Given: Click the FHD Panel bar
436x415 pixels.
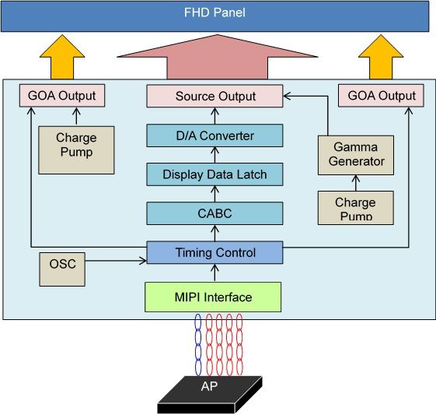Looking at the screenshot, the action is (215, 16).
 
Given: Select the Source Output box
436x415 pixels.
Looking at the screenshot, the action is (215, 96).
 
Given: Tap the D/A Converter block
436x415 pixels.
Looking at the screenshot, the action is (215, 135).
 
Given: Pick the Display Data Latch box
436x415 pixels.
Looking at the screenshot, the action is (215, 174).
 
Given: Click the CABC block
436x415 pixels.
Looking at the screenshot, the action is (215, 213).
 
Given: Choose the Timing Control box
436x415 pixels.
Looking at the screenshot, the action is (215, 252).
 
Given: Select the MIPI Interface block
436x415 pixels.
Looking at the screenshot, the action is (213, 297).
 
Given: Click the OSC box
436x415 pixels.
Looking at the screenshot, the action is (62, 269).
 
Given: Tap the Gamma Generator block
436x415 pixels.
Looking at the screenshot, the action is (356, 156).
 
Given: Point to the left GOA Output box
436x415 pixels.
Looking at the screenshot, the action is (62, 96).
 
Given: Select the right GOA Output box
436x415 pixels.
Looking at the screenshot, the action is (381, 96).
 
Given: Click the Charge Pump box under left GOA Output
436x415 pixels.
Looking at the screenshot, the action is (76, 150).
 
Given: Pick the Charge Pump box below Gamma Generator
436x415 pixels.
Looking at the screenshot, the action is (356, 208).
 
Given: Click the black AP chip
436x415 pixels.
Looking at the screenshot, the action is (210, 395).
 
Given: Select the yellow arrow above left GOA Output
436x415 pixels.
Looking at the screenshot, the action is (62, 57).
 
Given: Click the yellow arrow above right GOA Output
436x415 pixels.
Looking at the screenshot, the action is (381, 57).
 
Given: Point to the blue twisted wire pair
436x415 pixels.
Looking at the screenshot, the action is (198, 345).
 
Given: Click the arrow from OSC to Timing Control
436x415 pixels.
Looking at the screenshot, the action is (116, 261).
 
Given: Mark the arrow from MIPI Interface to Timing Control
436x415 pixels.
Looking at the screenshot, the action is (215, 273).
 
